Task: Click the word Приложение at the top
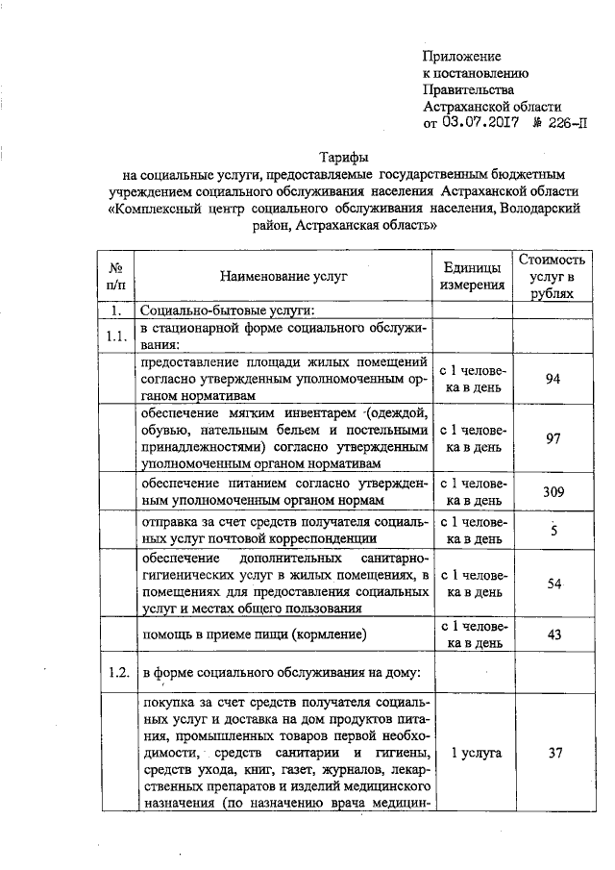[x=462, y=58]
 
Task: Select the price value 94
[x=553, y=379]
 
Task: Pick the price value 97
[x=553, y=438]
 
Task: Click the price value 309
[x=552, y=492]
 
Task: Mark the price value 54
[x=553, y=584]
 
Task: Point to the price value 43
[x=553, y=635]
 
